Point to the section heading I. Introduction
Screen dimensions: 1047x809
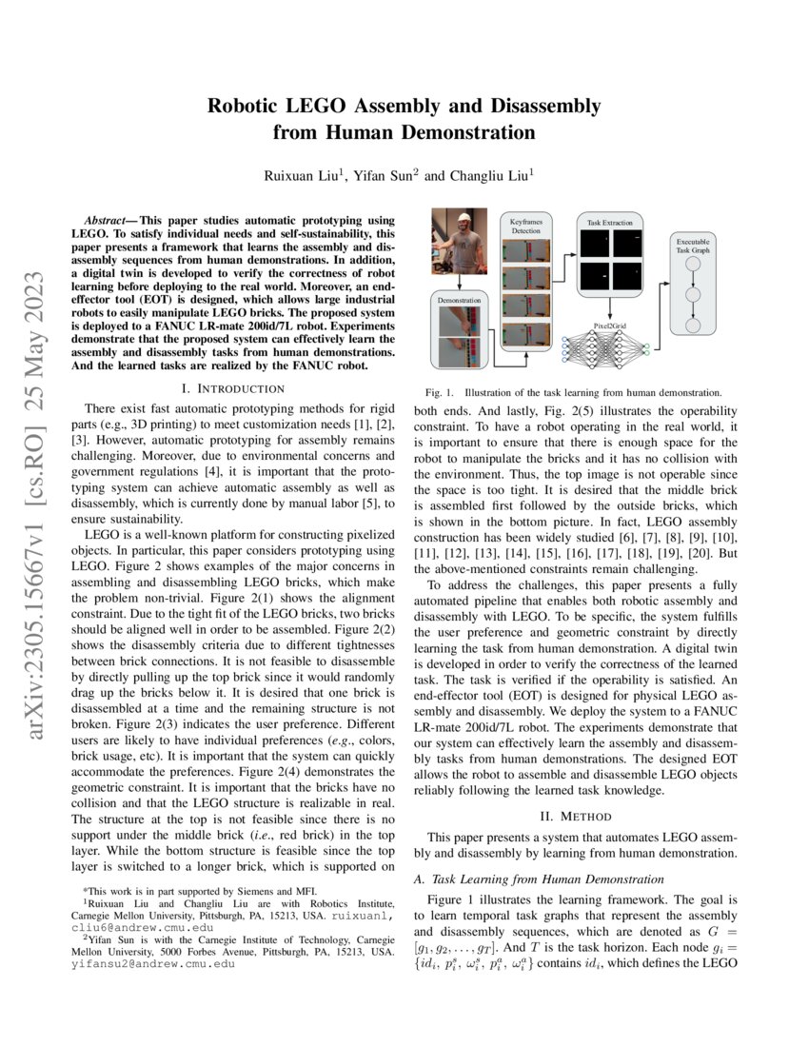click(x=232, y=388)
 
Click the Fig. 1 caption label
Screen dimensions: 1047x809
click(x=439, y=392)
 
